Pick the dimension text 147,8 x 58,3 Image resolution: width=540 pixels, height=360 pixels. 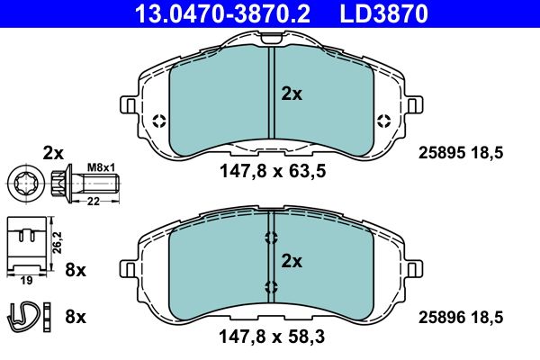pos(270,338)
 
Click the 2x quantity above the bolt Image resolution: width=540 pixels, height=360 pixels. pos(54,152)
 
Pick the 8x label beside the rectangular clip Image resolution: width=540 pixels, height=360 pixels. pos(76,268)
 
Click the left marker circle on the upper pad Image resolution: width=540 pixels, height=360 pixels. pos(158,121)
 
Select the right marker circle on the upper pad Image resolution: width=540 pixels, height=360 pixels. pos(383,121)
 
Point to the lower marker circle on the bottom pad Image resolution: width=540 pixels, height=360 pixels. pos(271,286)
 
